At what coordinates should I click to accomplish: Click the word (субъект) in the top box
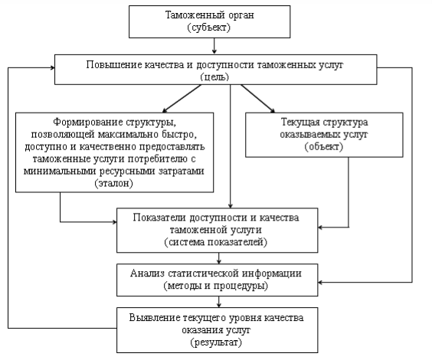[209, 28]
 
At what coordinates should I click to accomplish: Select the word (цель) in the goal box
[214, 77]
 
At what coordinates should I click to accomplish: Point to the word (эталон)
[114, 183]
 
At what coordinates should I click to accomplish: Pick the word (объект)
[324, 146]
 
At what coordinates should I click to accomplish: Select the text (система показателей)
[216, 242]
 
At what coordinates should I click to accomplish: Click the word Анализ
[147, 273]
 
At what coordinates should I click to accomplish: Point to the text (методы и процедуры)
[216, 286]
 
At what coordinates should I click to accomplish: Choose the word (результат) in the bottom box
[216, 342]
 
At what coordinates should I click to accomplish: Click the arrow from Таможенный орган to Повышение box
[214, 46]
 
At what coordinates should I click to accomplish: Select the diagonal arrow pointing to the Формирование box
[182, 98]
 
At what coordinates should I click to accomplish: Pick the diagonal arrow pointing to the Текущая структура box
[258, 98]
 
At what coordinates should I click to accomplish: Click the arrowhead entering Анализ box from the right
[320, 283]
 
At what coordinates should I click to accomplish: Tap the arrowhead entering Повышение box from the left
[52, 67]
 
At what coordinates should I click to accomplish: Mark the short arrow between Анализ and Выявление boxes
[219, 302]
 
